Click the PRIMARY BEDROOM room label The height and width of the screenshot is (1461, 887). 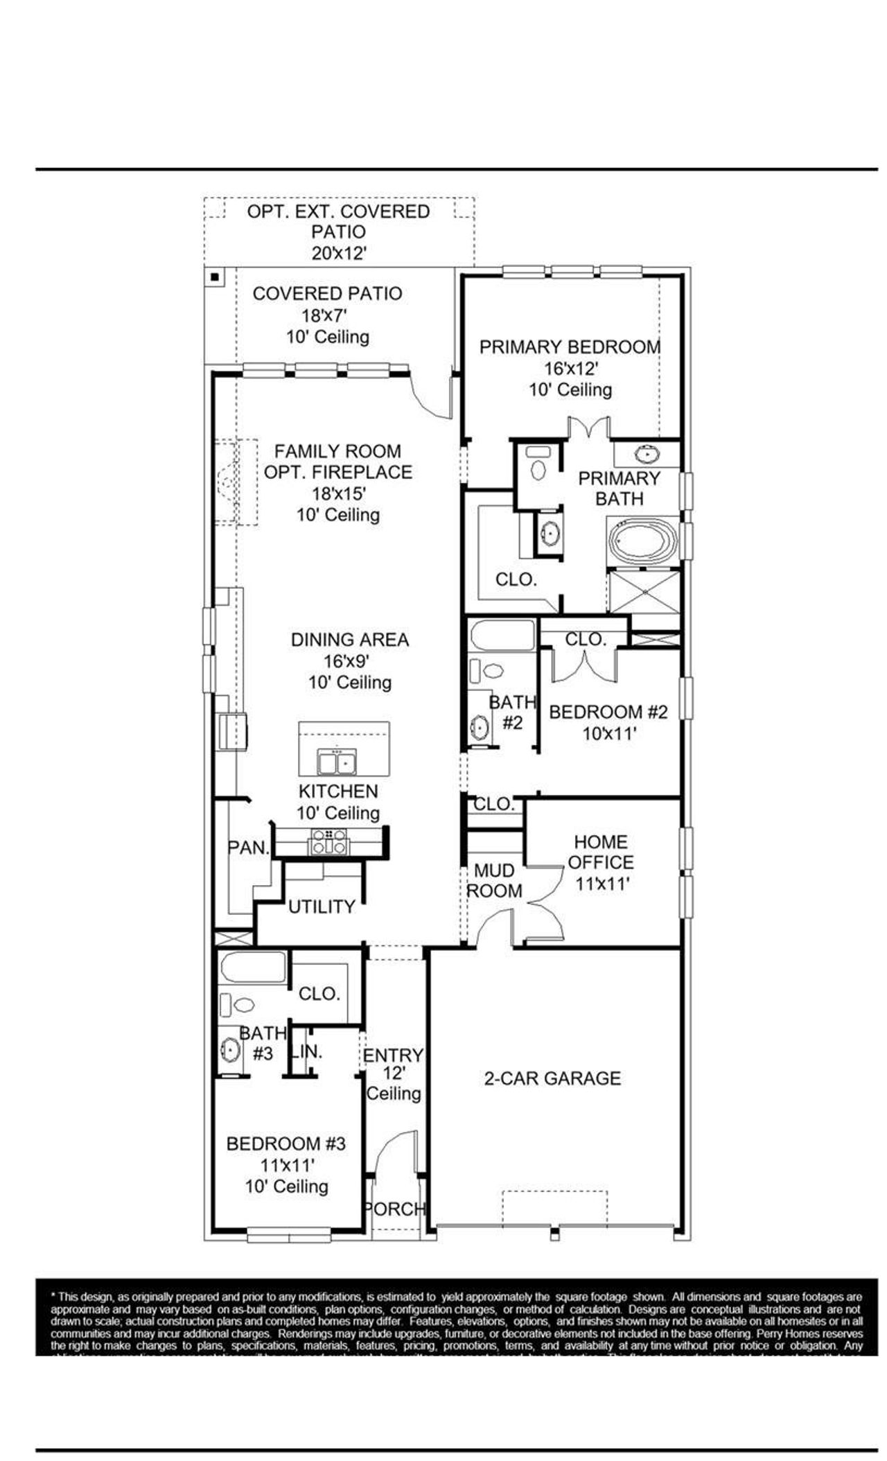pos(570,347)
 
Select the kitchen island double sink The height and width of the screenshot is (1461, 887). pos(337,762)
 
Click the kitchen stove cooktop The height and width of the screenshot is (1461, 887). pos(328,841)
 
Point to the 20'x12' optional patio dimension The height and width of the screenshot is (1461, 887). pos(338,253)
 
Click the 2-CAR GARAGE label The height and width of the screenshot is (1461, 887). pos(552,1078)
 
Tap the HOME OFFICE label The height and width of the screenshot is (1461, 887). pos(601,852)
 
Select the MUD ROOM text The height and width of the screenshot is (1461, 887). pos(494,880)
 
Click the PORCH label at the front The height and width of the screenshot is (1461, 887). pos(394,1209)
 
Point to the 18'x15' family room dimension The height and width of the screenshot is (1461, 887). pos(338,493)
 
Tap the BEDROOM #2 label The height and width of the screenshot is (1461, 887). pos(608,712)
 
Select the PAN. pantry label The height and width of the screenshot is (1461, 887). pos(248,847)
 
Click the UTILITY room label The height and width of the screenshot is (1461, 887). pos(322,907)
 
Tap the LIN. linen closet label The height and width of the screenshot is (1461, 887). pos(307,1051)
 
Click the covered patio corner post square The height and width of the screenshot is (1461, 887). pos(215,277)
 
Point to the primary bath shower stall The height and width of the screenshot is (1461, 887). pos(644,591)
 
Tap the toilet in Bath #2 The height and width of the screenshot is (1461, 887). pos(492,670)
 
